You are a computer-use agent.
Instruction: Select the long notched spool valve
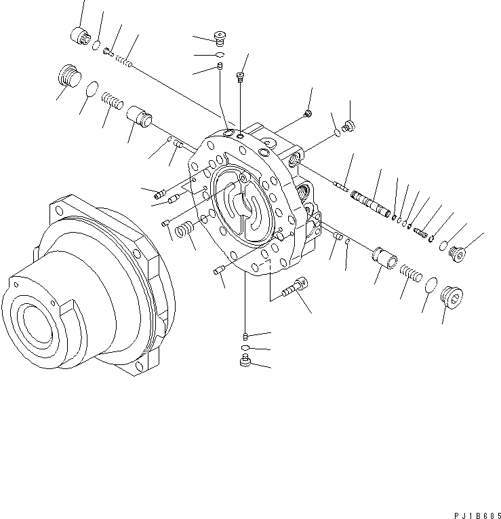pos(370,201)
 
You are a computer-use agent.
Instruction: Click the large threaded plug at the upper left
pos(66,75)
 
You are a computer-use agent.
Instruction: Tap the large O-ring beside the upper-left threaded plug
pos(92,89)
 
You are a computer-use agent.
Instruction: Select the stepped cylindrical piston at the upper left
pos(140,117)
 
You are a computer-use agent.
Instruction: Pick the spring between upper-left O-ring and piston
pos(113,101)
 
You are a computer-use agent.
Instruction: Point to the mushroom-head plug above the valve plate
pos(220,37)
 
